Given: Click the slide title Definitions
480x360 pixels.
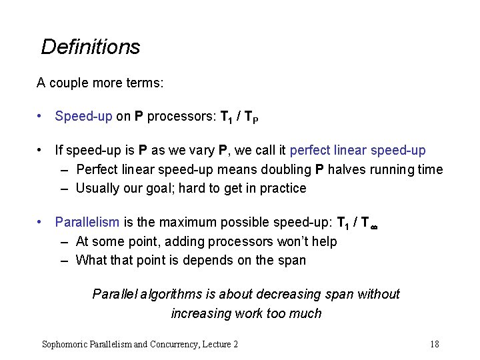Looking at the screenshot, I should pyautogui.click(x=91, y=47).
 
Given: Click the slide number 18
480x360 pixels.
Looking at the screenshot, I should pyautogui.click(x=435, y=344).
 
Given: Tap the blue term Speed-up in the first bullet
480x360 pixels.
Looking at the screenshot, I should pyautogui.click(x=83, y=117).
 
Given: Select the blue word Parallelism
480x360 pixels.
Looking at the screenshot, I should pyautogui.click(x=87, y=222).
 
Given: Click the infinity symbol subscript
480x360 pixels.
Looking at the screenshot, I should pyautogui.click(x=374, y=227).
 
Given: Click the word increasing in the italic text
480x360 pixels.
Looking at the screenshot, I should pyautogui.click(x=200, y=313).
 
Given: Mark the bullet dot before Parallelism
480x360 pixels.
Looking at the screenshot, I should pyautogui.click(x=41, y=222).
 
